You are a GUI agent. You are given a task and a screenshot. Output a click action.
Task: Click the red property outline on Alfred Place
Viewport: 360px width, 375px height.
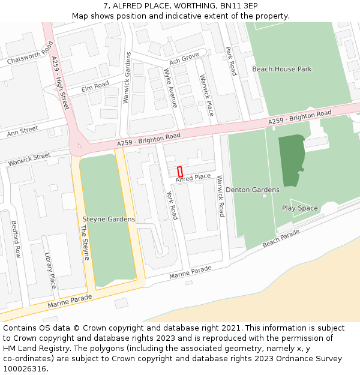coord(180,171)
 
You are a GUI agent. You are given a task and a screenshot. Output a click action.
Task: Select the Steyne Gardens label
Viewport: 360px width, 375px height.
coord(109,219)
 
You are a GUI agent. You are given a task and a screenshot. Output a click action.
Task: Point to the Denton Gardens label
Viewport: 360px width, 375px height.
coord(253,190)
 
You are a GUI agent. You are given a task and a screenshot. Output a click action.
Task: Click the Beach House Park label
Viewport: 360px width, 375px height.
coord(282,69)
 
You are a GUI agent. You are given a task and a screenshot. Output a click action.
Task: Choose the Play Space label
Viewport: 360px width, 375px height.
coord(300,208)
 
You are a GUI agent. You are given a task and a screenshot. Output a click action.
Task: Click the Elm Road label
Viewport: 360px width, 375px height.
coord(95,86)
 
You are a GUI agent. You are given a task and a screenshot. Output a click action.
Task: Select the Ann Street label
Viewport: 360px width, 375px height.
coord(22,130)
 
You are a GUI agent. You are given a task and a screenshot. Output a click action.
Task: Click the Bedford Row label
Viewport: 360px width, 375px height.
coord(16,239)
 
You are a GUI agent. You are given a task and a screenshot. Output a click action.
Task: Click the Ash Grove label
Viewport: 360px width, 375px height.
coord(184,59)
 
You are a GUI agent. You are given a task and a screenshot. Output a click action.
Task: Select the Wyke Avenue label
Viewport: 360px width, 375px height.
coord(171,88)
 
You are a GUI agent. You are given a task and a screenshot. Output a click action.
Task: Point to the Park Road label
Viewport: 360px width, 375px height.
coord(231,61)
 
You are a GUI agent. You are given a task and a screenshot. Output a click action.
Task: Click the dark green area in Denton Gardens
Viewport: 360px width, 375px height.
coord(292,159)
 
